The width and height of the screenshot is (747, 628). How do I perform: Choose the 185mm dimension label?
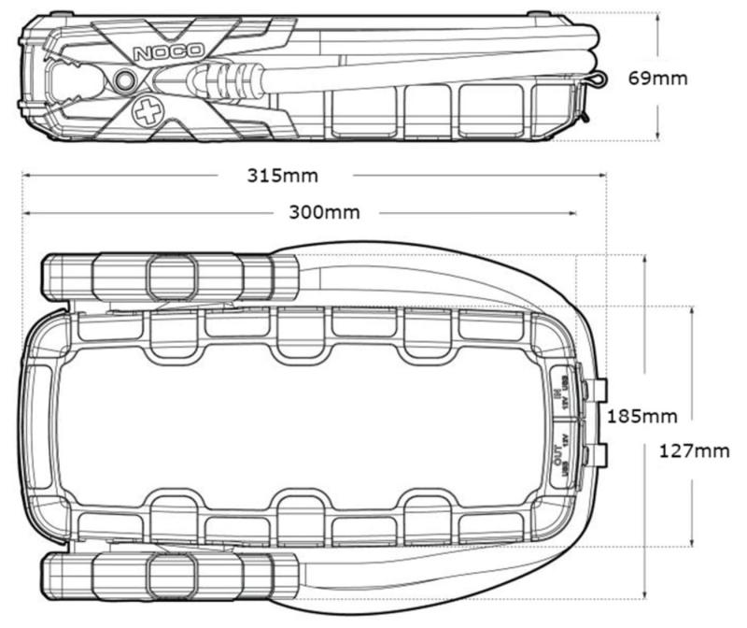click(642, 415)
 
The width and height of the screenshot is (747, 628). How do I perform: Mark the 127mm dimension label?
click(692, 451)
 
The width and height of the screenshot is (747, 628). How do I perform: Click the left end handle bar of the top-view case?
click(38, 412)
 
